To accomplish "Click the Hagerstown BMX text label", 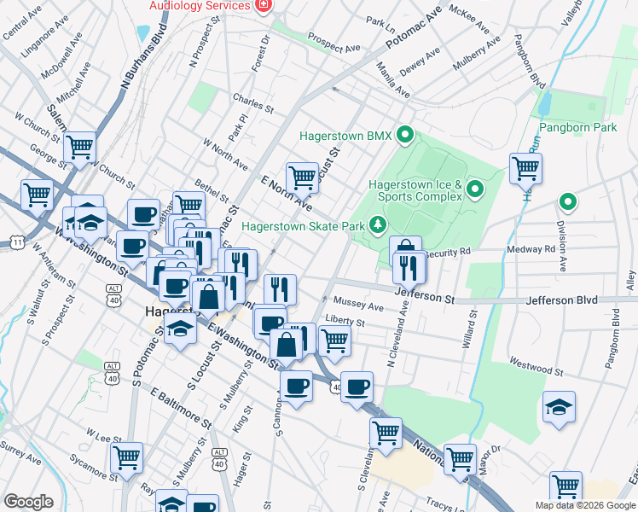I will [345, 136].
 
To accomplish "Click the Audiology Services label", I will [200, 5].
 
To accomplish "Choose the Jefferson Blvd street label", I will [560, 300].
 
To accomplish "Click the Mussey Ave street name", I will [358, 305].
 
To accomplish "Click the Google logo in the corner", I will [28, 501].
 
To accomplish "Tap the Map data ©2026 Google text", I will [585, 505].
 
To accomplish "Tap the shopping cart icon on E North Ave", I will [302, 177].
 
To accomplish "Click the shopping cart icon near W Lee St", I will [126, 457].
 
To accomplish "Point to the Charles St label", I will [252, 109].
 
